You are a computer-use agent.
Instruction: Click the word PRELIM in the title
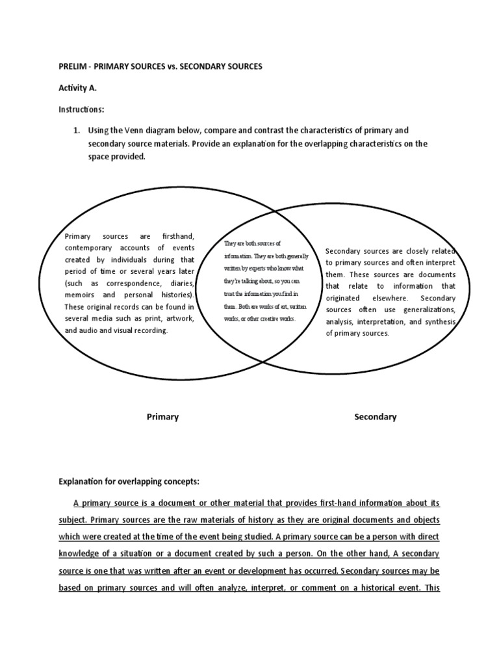coord(71,67)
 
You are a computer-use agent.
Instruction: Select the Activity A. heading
coord(78,88)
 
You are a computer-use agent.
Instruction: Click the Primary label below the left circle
coord(162,417)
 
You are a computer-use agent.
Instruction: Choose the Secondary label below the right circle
coord(375,417)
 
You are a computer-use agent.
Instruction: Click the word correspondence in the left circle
coord(126,284)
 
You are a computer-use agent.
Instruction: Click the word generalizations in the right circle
coord(429,310)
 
